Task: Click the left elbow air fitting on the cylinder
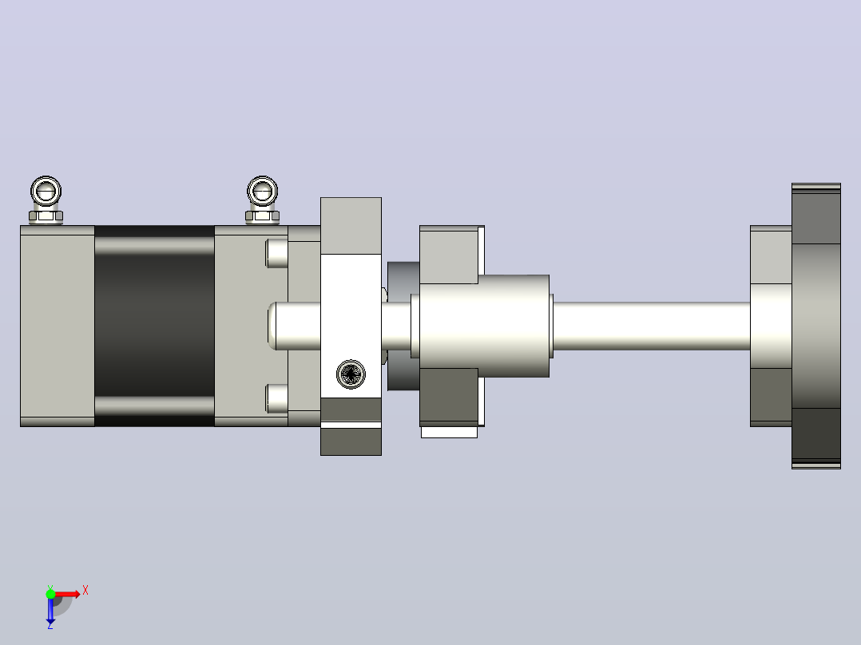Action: [x=46, y=200]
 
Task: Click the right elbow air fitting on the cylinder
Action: [x=263, y=200]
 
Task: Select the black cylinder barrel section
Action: [x=154, y=326]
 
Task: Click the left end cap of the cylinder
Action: [x=58, y=326]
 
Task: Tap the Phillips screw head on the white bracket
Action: [x=351, y=374]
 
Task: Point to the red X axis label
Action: [x=85, y=591]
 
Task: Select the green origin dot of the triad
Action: [x=50, y=594]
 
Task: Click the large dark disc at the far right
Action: [x=816, y=326]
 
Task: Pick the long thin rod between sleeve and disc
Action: [x=651, y=326]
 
